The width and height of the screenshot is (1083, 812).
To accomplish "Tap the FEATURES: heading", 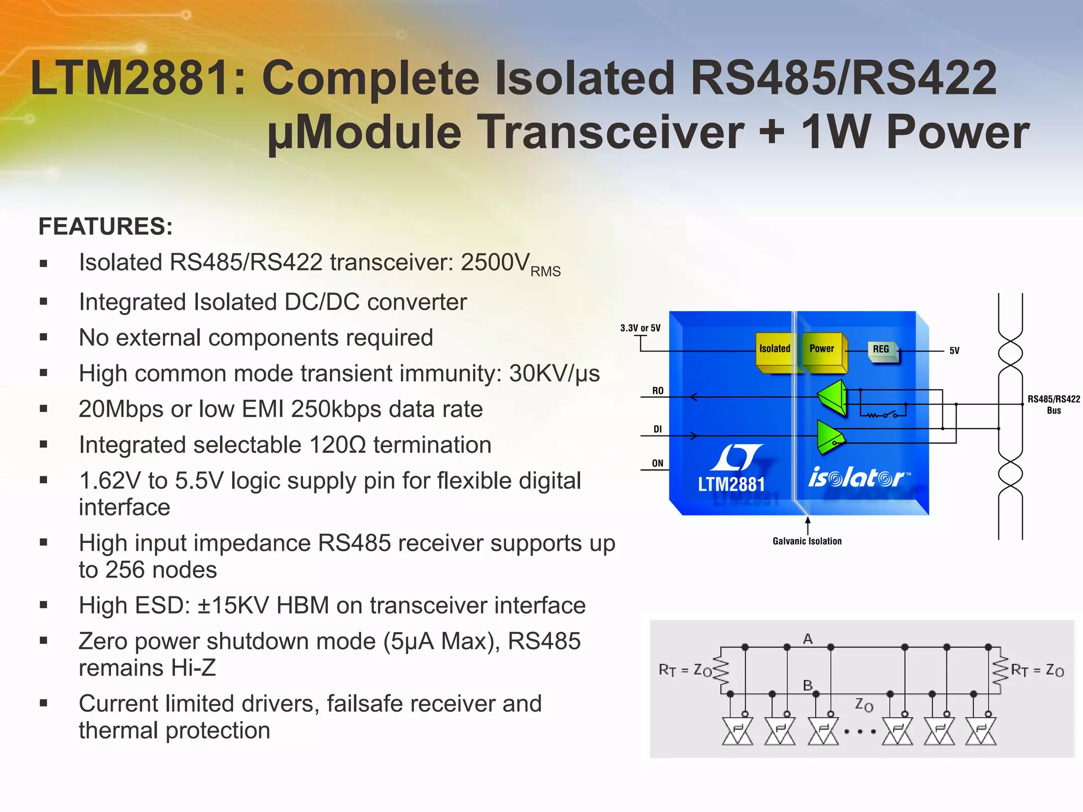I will (105, 226).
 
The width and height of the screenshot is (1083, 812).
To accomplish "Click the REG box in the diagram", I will (881, 349).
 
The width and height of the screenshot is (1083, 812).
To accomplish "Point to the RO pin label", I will (657, 391).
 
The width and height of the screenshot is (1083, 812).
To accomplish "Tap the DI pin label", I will (657, 429).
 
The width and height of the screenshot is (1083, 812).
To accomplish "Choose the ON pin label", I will (657, 463).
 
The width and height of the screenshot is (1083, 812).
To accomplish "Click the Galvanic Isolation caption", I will (807, 541).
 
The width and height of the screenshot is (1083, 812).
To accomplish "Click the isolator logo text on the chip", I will (857, 478).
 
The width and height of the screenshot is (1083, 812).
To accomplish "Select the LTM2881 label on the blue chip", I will (731, 484).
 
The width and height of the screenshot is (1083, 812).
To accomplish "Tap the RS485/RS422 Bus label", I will (1053, 404).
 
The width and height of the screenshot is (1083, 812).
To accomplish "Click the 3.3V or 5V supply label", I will (640, 328).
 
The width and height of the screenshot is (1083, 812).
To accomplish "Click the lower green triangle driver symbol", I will (829, 436).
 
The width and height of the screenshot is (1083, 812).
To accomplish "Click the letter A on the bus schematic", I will (807, 639).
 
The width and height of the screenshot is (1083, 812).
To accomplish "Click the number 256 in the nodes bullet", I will (125, 570).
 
